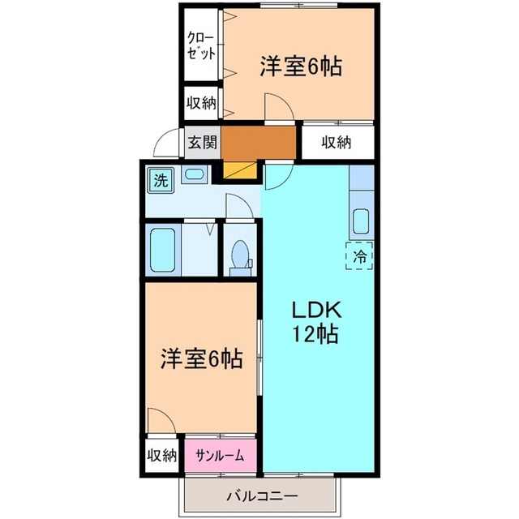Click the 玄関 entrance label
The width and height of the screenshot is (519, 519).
[x=203, y=143]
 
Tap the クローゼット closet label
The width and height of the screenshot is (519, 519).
[x=201, y=45]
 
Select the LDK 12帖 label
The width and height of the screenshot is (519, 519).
[x=315, y=322]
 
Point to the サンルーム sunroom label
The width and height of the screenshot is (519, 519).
[x=220, y=456]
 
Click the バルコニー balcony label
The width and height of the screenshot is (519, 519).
[x=263, y=495]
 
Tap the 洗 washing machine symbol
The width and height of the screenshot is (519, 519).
[x=161, y=181]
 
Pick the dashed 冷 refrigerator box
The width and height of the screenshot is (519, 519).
[x=359, y=255]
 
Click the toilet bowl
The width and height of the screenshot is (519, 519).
[x=240, y=255]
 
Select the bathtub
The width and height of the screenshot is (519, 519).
[x=163, y=249]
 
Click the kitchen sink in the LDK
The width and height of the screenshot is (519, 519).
[x=362, y=221]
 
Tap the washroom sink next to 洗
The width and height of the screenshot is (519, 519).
[x=195, y=174]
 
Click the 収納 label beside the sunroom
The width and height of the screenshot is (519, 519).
[x=162, y=456]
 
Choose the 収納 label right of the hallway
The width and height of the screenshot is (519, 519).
[x=337, y=143]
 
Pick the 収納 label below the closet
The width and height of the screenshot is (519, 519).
[x=201, y=104]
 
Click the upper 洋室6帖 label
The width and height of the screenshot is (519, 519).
[x=301, y=66]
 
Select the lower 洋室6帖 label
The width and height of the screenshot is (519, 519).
[x=202, y=358]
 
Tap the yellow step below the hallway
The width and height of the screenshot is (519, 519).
[x=240, y=171]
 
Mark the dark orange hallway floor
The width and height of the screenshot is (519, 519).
[x=258, y=143]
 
